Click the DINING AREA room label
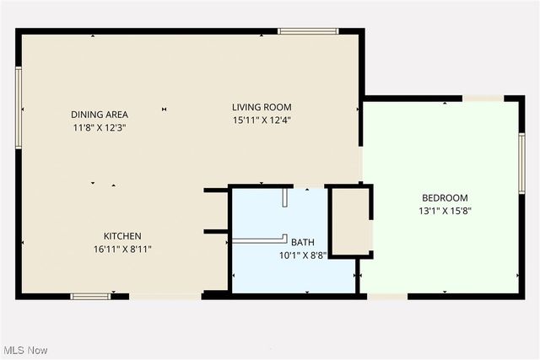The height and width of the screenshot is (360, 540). (x=99, y=115)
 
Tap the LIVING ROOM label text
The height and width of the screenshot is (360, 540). (x=262, y=107)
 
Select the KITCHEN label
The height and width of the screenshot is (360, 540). (x=122, y=236)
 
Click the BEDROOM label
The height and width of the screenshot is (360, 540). (x=445, y=198)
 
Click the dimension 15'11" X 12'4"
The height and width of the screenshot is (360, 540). (x=262, y=120)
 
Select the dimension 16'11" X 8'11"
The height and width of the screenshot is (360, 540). (x=122, y=249)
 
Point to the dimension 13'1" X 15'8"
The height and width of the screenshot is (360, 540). (x=445, y=211)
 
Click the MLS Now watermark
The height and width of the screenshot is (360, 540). (x=25, y=350)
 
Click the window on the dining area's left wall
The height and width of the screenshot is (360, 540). (x=19, y=108)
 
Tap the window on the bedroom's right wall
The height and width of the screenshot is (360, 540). (x=521, y=162)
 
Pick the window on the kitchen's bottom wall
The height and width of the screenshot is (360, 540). (x=90, y=296)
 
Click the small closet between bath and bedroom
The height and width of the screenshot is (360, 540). (x=349, y=221)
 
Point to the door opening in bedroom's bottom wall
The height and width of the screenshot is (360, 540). (x=387, y=296)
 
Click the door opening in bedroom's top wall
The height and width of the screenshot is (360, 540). (x=484, y=99)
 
